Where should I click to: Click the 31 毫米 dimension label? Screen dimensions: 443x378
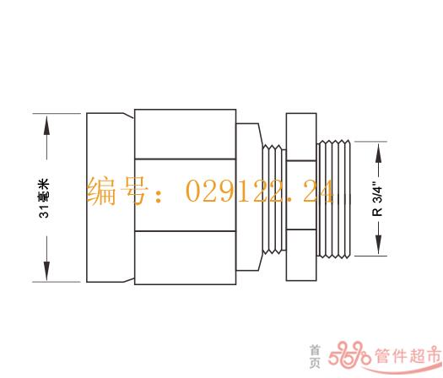(x=44, y=198)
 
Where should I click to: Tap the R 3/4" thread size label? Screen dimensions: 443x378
(x=377, y=198)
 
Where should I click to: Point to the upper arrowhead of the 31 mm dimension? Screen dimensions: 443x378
(x=47, y=127)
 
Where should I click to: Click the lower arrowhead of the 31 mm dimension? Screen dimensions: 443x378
(x=47, y=271)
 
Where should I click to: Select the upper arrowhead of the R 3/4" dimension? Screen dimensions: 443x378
(x=379, y=153)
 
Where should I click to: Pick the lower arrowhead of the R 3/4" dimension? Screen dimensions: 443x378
(x=379, y=245)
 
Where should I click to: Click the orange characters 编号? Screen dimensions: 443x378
(x=117, y=192)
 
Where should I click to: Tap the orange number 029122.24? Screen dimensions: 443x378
(x=260, y=192)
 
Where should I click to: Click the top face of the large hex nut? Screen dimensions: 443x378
(x=186, y=134)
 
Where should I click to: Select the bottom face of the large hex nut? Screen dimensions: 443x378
(x=186, y=257)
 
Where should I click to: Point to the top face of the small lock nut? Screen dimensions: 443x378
(x=301, y=137)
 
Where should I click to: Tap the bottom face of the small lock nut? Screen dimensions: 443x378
(x=301, y=255)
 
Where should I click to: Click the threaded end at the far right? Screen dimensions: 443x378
(x=333, y=199)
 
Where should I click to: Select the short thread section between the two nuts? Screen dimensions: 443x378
(x=273, y=199)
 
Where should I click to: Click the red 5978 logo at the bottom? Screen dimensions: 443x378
(x=349, y=354)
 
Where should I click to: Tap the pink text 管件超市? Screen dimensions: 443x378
(x=408, y=355)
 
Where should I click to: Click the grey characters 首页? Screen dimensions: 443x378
(x=315, y=357)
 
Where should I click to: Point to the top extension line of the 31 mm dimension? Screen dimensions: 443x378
(x=57, y=114)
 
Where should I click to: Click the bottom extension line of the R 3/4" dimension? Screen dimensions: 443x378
(x=370, y=256)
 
